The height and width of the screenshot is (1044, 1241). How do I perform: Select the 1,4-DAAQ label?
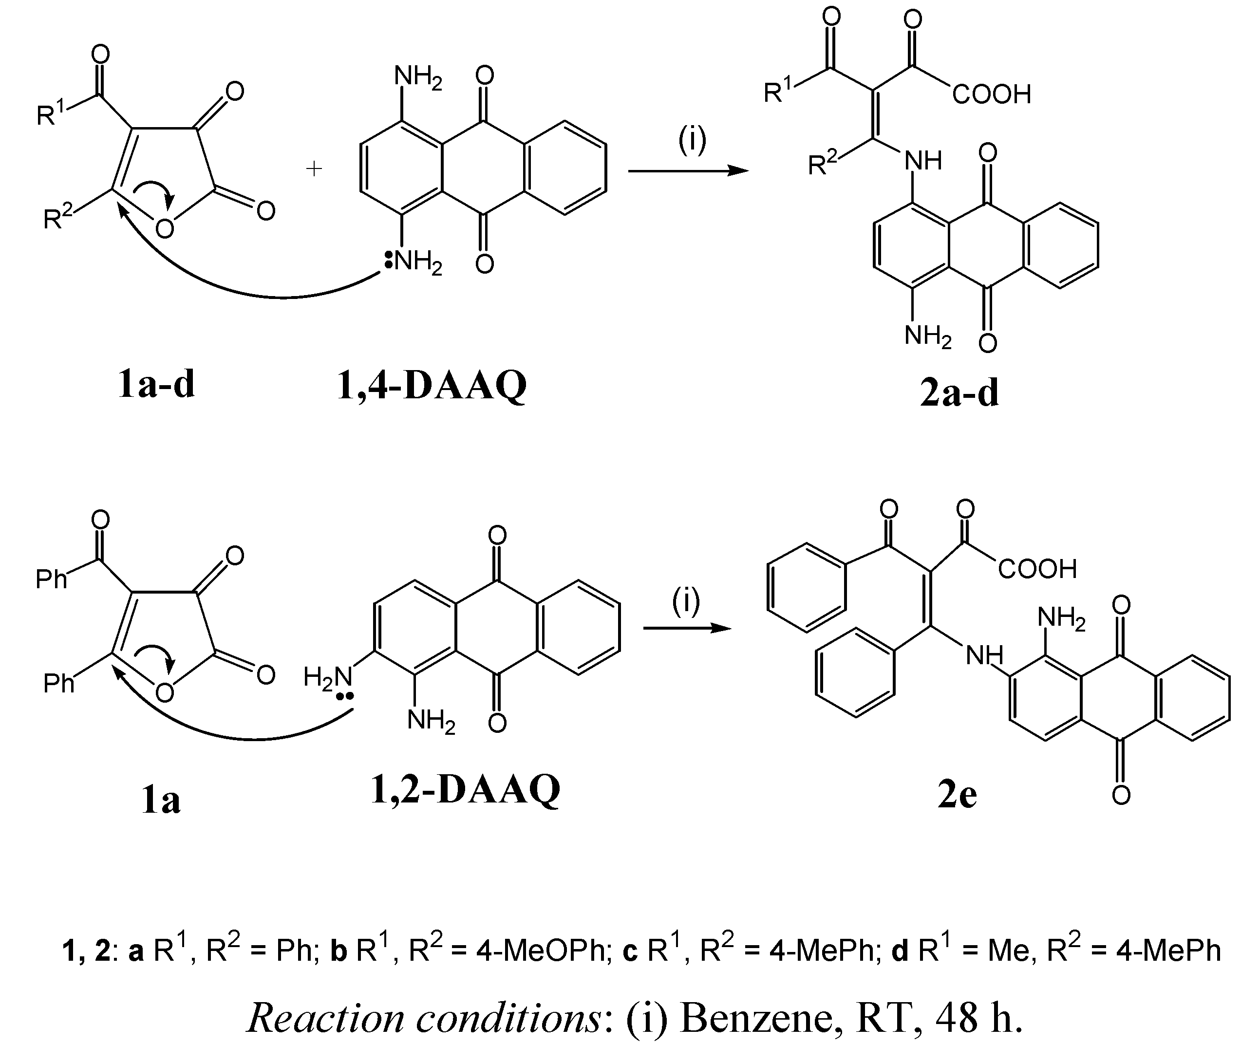click(x=432, y=386)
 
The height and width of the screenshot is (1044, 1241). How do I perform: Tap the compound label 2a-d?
click(x=959, y=393)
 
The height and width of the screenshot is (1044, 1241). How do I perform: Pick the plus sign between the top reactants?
click(x=314, y=169)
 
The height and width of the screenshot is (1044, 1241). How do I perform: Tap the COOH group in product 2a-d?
click(x=992, y=94)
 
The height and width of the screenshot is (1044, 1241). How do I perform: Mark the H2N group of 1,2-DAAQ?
click(x=327, y=677)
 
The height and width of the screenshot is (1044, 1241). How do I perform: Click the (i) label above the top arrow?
click(x=692, y=140)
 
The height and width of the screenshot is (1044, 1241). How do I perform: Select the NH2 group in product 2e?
click(x=1061, y=618)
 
